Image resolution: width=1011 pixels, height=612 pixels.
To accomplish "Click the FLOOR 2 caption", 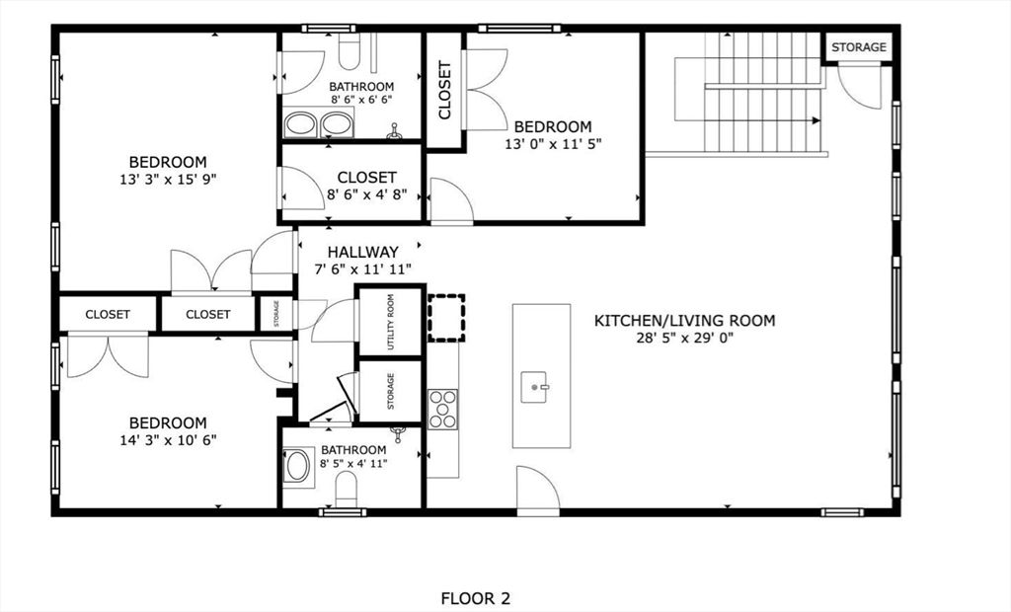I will [475, 598].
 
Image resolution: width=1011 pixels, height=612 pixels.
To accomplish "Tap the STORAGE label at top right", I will [858, 47].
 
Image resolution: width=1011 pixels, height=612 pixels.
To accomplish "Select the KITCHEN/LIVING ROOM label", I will [684, 320].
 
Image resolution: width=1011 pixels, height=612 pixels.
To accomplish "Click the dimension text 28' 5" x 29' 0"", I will [684, 338].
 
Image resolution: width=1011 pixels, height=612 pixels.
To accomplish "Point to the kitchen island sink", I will [539, 384].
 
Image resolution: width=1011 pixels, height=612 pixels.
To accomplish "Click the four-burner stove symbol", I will [442, 409].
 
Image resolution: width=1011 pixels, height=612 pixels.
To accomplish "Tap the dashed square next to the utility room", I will [446, 317].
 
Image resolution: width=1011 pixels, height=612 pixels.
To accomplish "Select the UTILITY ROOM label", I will [391, 321].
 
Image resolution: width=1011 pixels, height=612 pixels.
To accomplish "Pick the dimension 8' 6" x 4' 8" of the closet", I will [367, 195].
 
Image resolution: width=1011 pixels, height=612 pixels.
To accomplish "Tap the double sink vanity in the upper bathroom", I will [319, 123].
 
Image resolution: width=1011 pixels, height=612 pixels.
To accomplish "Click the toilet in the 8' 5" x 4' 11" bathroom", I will [347, 490].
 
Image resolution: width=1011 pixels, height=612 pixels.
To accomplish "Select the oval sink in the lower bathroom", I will [297, 466].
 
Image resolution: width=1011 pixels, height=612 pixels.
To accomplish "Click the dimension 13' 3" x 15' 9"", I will [168, 180].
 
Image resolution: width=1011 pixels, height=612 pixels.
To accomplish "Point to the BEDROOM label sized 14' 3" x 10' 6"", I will [168, 422].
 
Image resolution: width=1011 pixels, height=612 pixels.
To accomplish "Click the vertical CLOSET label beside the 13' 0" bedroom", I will [445, 91].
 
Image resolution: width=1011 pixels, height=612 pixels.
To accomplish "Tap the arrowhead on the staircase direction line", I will [817, 120].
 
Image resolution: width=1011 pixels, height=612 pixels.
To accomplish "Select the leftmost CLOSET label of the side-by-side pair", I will [108, 314].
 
